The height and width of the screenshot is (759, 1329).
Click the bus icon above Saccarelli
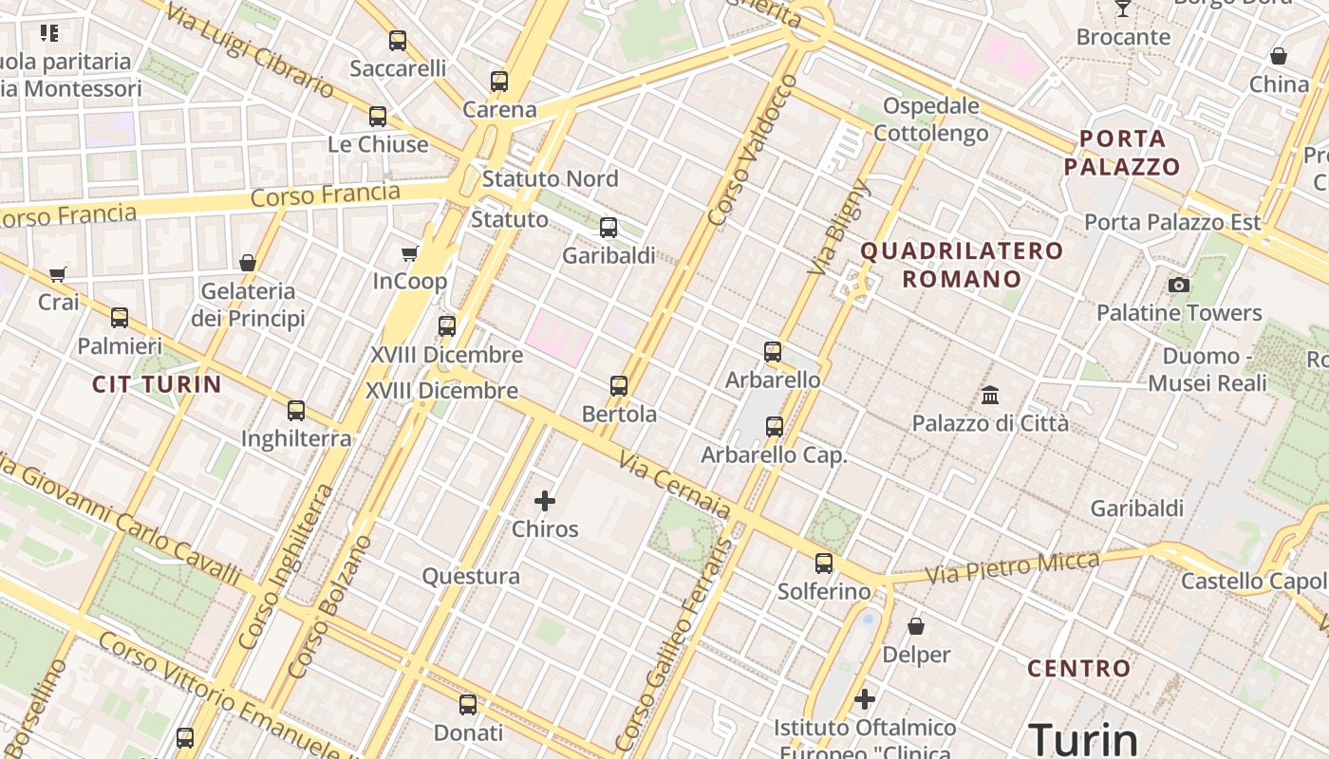pyautogui.click(x=398, y=41)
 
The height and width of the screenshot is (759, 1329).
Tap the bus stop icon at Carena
pyautogui.click(x=499, y=82)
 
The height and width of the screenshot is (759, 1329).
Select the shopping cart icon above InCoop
pyautogui.click(x=410, y=253)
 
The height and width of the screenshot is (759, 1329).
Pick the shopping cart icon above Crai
pyautogui.click(x=58, y=274)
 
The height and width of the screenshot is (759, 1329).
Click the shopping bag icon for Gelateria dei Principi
pyautogui.click(x=248, y=263)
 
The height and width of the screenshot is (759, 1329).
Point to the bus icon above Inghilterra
pyautogui.click(x=296, y=411)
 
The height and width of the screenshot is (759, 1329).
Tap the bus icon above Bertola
pyautogui.click(x=619, y=386)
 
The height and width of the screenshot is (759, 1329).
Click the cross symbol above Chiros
pyautogui.click(x=545, y=501)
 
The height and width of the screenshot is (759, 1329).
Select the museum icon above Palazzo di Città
pyautogui.click(x=990, y=395)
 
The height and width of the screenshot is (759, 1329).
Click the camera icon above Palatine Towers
pyautogui.click(x=1179, y=285)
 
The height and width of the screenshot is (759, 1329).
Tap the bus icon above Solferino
pyautogui.click(x=824, y=564)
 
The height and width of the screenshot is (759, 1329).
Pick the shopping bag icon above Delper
pyautogui.click(x=916, y=626)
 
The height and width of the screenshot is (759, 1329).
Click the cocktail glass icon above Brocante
pyautogui.click(x=1123, y=9)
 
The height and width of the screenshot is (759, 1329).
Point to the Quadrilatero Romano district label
pyautogui.click(x=962, y=265)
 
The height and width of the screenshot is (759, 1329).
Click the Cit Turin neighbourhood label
pyautogui.click(x=157, y=384)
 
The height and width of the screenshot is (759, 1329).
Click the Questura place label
pyautogui.click(x=471, y=576)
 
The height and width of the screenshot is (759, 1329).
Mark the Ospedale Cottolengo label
pyautogui.click(x=930, y=119)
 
